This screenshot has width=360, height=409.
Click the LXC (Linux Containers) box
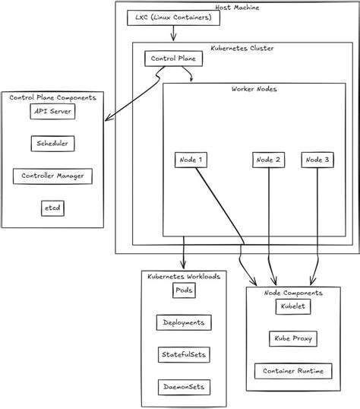(x=173, y=17)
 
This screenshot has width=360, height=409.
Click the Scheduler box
(x=52, y=143)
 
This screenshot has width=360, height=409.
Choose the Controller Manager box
(x=52, y=176)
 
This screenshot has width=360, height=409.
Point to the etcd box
(x=52, y=208)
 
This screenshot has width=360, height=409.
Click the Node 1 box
(x=189, y=160)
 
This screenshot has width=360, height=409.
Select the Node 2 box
(x=269, y=160)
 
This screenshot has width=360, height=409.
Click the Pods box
(x=184, y=290)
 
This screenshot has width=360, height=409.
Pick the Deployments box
(x=183, y=322)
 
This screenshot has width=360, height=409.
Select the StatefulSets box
(x=183, y=354)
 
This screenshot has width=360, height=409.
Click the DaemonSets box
(x=183, y=386)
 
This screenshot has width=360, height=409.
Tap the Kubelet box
(x=292, y=306)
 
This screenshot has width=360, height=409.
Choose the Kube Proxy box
(x=292, y=338)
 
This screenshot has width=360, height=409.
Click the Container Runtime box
(x=292, y=371)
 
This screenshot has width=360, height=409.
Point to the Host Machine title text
(x=236, y=6)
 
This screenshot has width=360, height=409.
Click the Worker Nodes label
(x=254, y=89)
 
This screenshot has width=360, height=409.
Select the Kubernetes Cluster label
(x=242, y=48)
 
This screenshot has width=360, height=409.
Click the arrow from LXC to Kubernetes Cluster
(x=175, y=33)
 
